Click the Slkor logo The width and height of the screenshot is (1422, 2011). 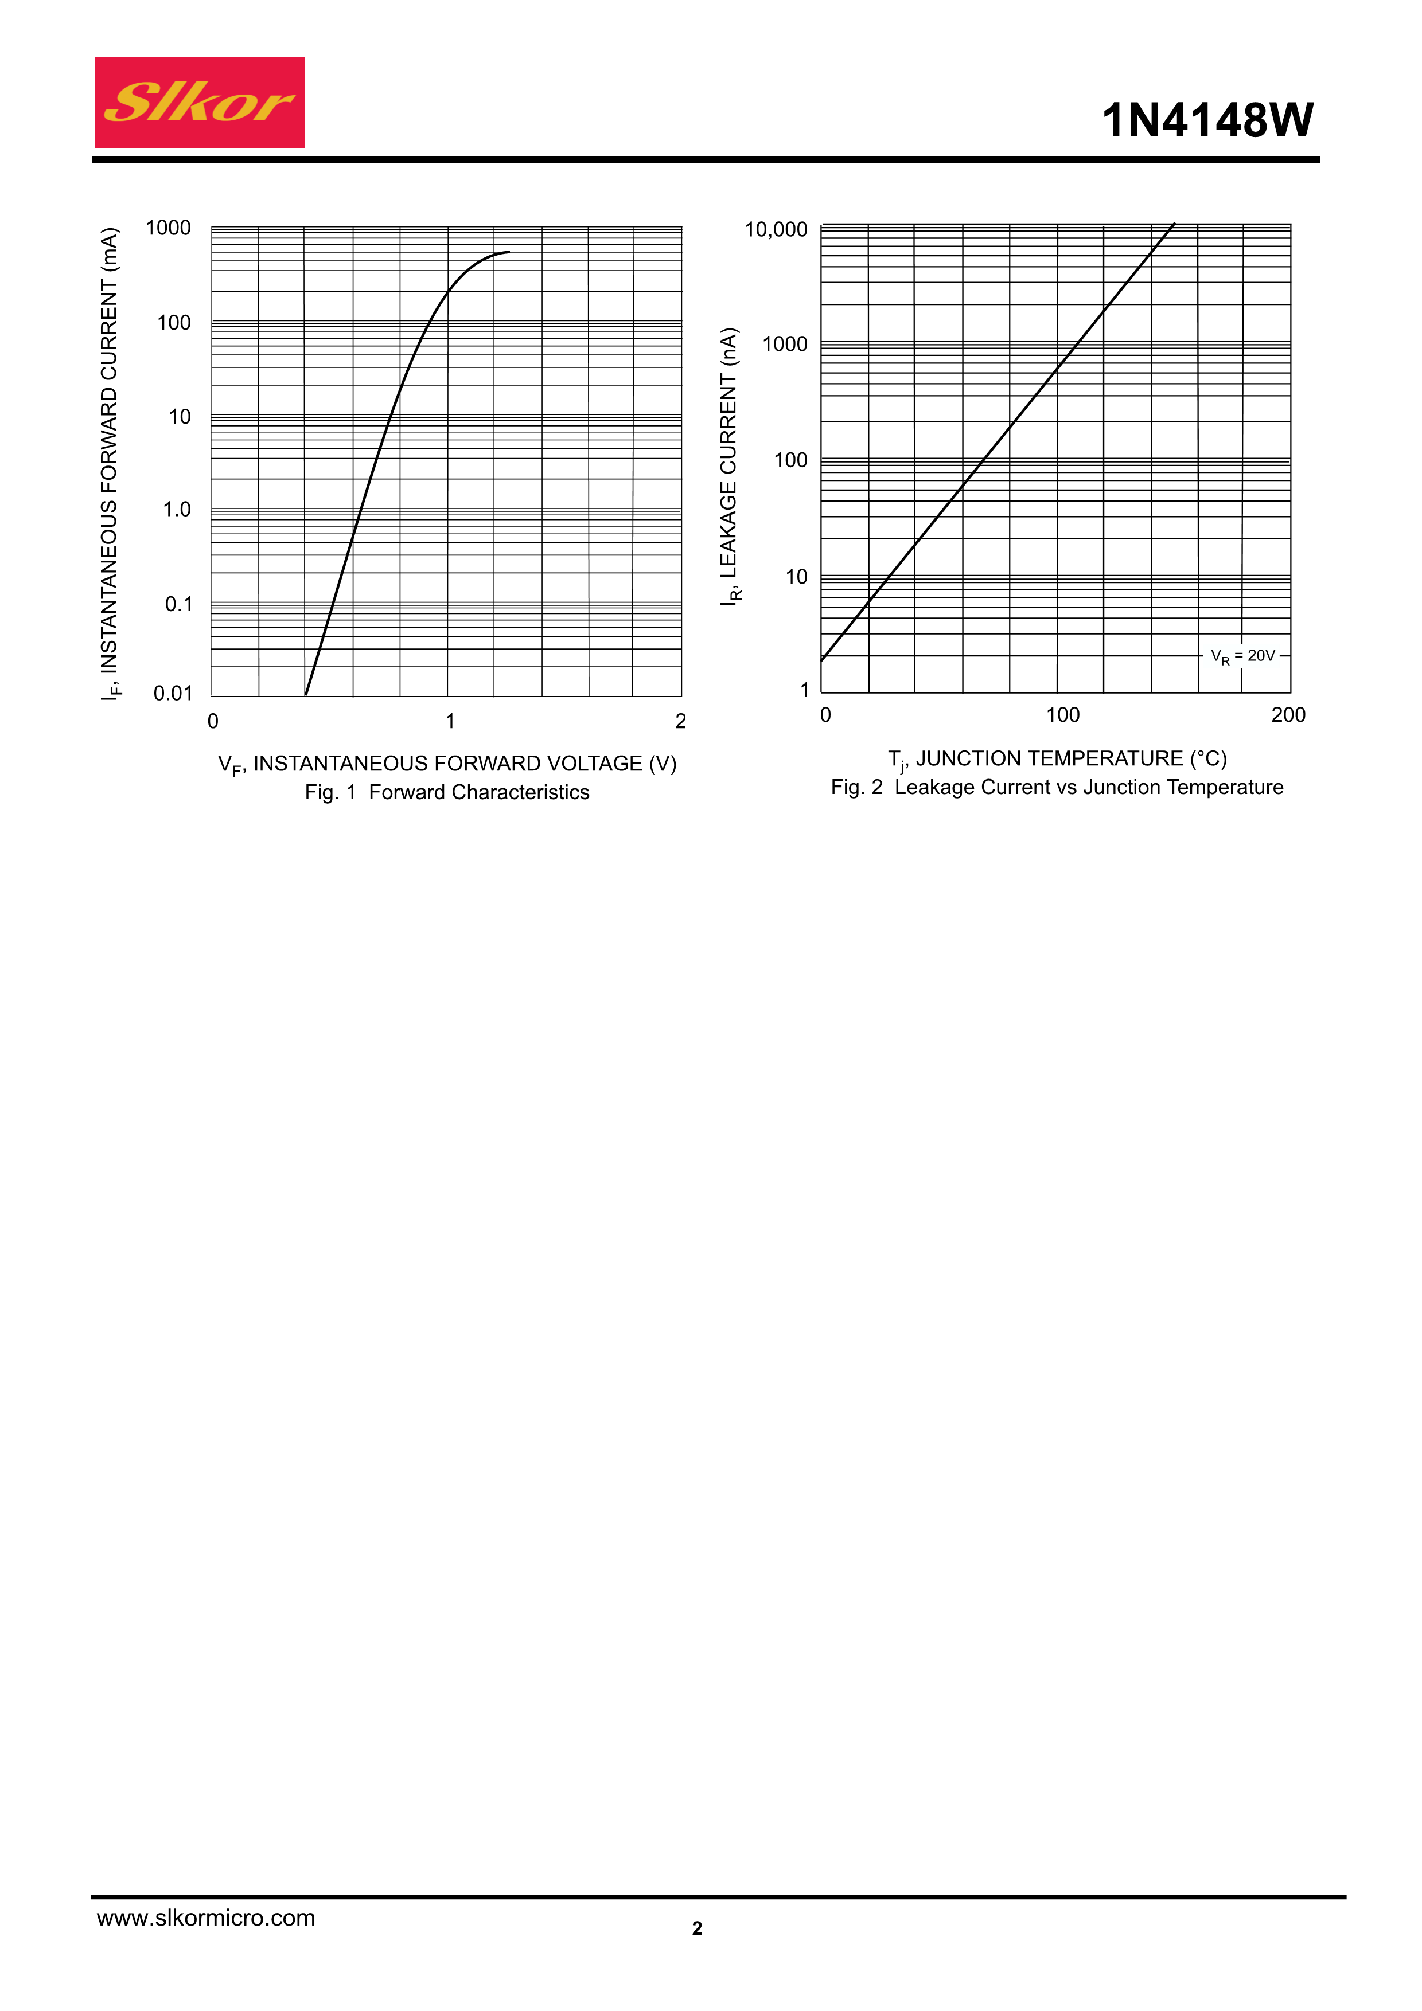pyautogui.click(x=200, y=103)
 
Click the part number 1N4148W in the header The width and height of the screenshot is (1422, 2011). pyautogui.click(x=1207, y=120)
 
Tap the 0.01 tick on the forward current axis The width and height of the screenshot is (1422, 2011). pyautogui.click(x=173, y=694)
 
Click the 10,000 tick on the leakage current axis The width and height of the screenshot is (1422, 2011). pyautogui.click(x=776, y=229)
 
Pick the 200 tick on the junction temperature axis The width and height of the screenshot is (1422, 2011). pyautogui.click(x=1288, y=715)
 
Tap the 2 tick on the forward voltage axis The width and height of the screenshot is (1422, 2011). pyautogui.click(x=681, y=721)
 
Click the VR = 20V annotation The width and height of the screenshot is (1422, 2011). pyautogui.click(x=1242, y=656)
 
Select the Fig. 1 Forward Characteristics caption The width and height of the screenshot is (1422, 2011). pyautogui.click(x=447, y=792)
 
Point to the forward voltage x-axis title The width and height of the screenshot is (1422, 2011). pyautogui.click(x=447, y=764)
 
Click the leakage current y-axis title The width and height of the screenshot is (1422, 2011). pyautogui.click(x=730, y=466)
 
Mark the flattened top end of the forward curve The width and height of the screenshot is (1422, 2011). pyautogui.click(x=507, y=252)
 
